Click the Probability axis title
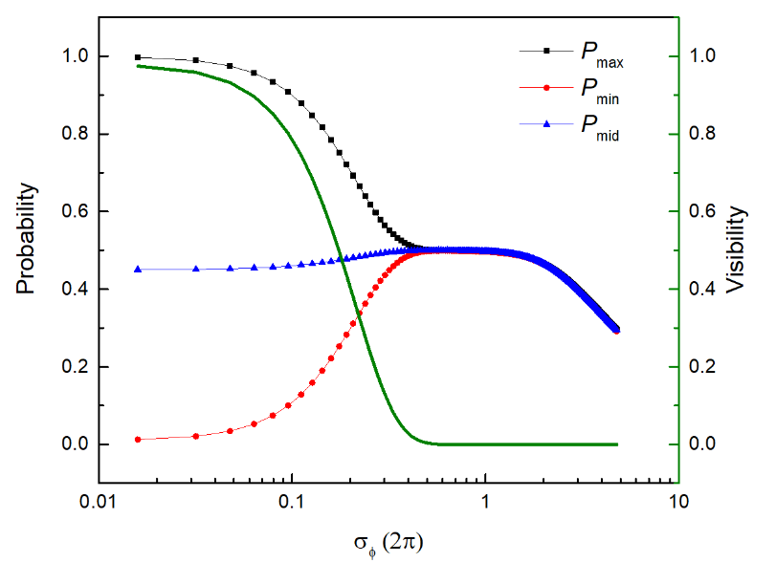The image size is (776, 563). pyautogui.click(x=32, y=239)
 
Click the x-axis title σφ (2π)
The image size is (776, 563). pyautogui.click(x=388, y=542)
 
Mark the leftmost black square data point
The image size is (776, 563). pyautogui.click(x=138, y=57)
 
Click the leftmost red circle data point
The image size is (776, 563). pyautogui.click(x=138, y=440)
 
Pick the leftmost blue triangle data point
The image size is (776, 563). pyautogui.click(x=138, y=270)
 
